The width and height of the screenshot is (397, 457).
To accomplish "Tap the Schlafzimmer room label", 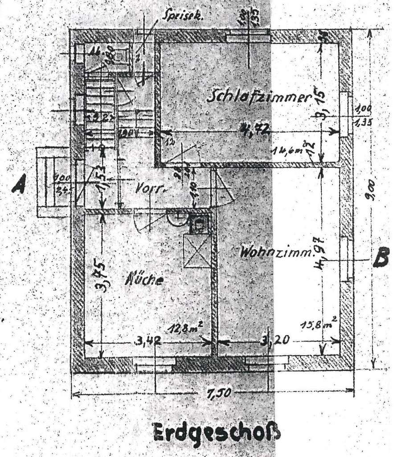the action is point(258,97).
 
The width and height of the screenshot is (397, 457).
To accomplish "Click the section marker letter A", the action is point(19,184).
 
